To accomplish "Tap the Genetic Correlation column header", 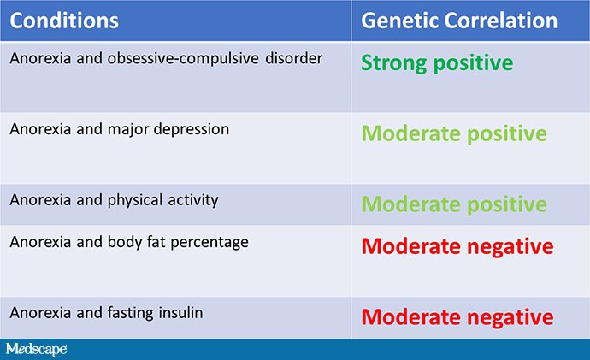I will pyautogui.click(x=460, y=20).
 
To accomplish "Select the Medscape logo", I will pyautogui.click(x=36, y=349).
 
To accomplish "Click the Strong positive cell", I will pyautogui.click(x=437, y=63).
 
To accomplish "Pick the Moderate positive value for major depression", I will pyautogui.click(x=453, y=134).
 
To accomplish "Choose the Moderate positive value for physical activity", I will pyautogui.click(x=453, y=204).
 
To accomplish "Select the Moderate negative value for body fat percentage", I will pyautogui.click(x=457, y=246).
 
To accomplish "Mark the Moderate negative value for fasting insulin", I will pyautogui.click(x=457, y=317).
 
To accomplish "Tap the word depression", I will pyautogui.click(x=195, y=129).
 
